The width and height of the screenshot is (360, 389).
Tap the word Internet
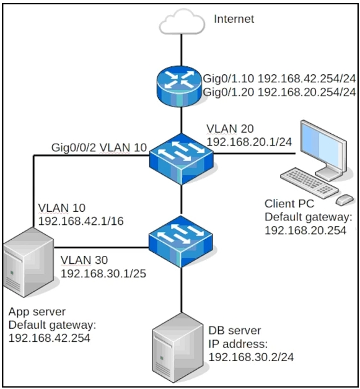[x=234, y=19]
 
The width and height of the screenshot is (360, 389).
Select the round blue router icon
[x=179, y=86]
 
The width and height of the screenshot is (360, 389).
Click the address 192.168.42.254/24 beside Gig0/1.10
[x=307, y=79]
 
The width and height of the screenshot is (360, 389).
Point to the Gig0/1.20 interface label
[x=229, y=92]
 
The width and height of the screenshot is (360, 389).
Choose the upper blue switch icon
[x=182, y=159]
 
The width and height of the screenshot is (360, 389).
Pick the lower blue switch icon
[x=181, y=242]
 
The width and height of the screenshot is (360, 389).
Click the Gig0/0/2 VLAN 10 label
[x=99, y=147]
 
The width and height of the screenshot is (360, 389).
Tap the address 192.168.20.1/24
[x=249, y=142]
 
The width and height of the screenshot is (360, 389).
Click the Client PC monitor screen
[x=322, y=145]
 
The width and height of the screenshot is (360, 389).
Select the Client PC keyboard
[x=309, y=183]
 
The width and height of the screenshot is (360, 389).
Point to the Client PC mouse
[x=345, y=199]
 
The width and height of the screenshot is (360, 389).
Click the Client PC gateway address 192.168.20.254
[x=305, y=230]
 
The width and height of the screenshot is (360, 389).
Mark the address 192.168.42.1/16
[x=81, y=221]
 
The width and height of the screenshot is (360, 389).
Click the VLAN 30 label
[x=84, y=260]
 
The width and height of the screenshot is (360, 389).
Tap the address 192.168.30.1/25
[x=103, y=274]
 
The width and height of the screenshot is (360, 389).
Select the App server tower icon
[x=29, y=262]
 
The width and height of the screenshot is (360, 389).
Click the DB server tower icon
[x=177, y=347]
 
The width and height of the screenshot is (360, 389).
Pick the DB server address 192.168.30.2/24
[x=251, y=357]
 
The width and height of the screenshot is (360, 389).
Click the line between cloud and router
[x=182, y=50]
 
